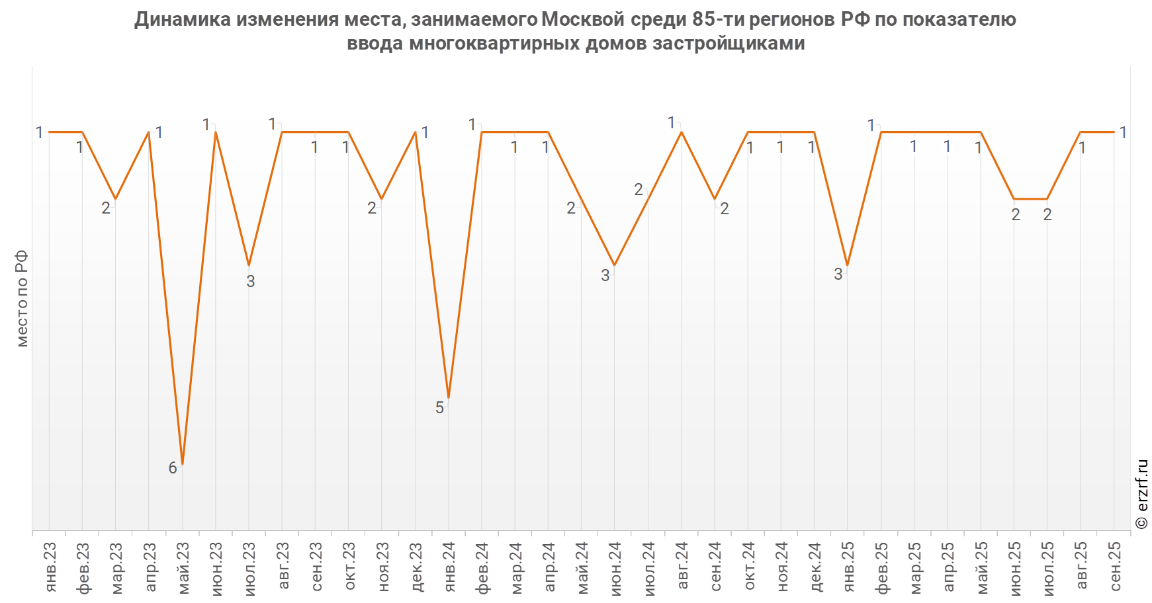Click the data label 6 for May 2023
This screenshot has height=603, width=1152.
173,468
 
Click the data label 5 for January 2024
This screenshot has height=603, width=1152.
439,407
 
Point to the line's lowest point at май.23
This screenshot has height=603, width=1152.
182,465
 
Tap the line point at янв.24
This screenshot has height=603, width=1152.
449,398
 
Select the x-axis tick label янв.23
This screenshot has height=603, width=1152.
50,567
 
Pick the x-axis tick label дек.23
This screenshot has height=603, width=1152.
416,567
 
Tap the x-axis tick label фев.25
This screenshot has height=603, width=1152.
881,567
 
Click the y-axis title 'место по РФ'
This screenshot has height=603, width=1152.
22,298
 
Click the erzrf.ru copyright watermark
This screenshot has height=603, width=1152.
1141,494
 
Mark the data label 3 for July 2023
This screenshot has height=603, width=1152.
250,281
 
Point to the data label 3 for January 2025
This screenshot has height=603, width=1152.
838,274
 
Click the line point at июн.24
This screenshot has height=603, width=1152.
615,265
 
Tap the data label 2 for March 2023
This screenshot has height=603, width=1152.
106,208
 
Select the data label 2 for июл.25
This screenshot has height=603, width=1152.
1047,215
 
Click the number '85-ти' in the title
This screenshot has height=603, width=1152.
718,20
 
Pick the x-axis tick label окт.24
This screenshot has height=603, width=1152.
748,567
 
